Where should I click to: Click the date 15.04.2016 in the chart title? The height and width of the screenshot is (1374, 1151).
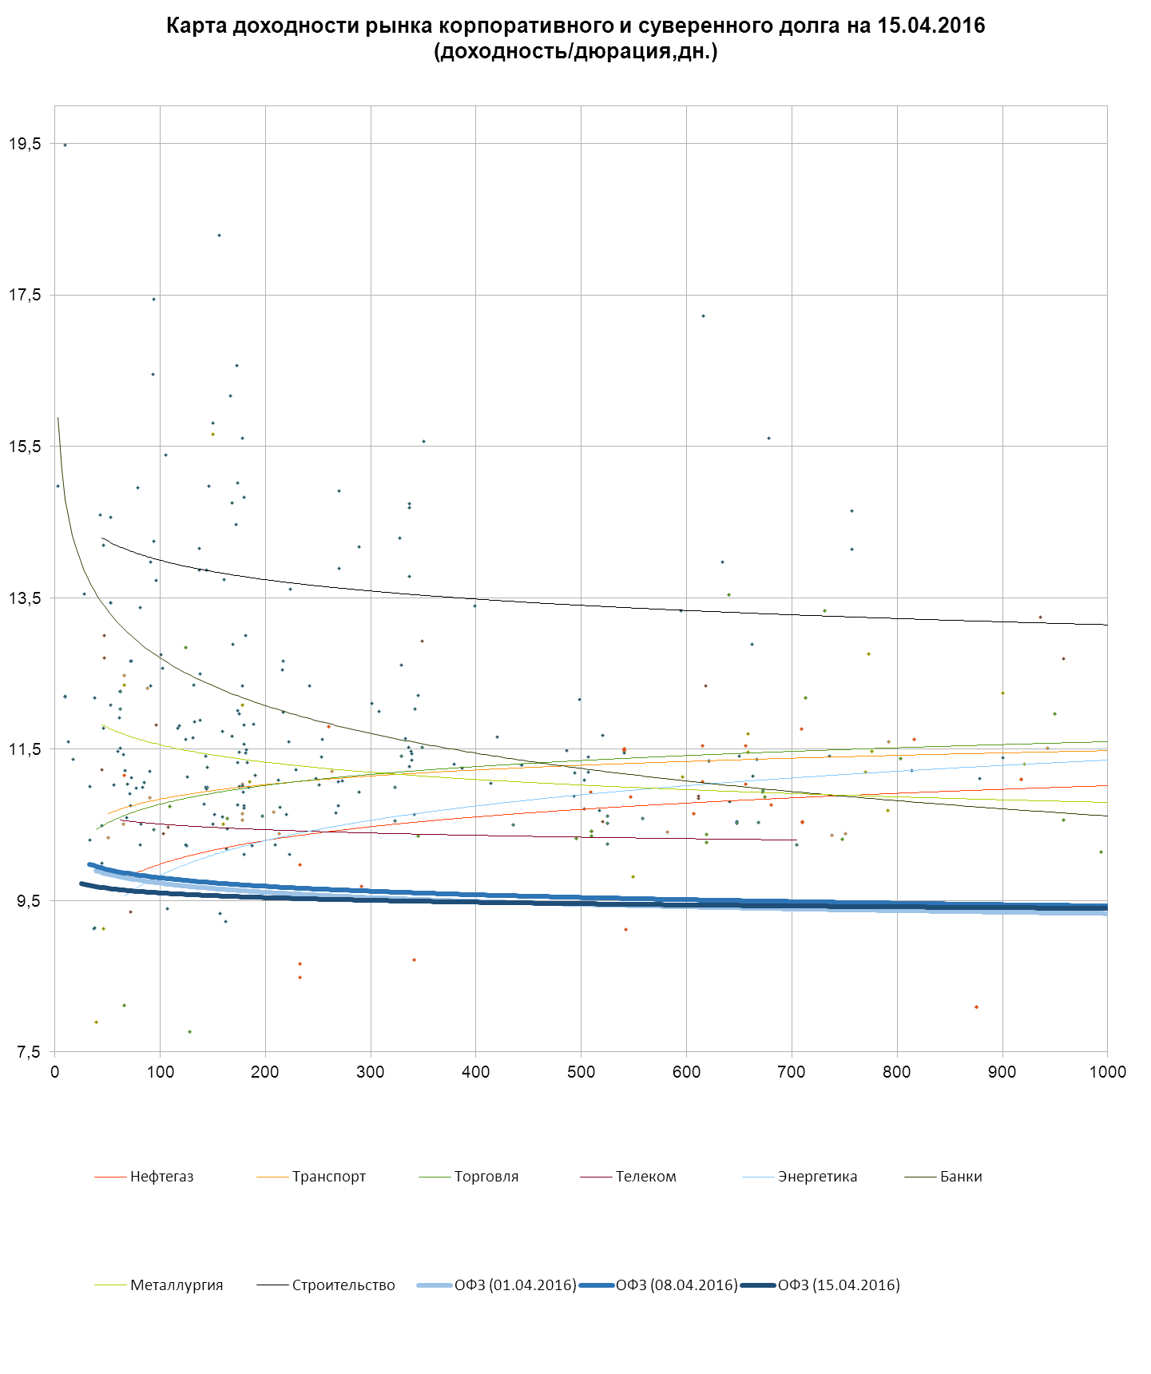pyautogui.click(x=931, y=26)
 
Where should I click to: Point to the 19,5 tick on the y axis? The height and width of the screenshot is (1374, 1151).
pyautogui.click(x=25, y=144)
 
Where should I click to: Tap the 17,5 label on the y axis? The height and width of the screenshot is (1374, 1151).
pyautogui.click(x=25, y=295)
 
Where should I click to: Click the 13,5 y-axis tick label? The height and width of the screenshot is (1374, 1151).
pyautogui.click(x=25, y=598)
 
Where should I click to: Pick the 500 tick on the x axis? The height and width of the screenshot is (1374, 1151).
pyautogui.click(x=581, y=1072)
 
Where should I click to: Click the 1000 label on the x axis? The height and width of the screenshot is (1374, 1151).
pyautogui.click(x=1107, y=1072)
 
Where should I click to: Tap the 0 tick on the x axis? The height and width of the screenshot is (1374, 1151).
pyautogui.click(x=54, y=1072)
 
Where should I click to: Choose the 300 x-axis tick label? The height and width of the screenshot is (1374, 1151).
pyautogui.click(x=371, y=1072)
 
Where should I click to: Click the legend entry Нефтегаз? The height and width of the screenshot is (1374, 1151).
pyautogui.click(x=161, y=1177)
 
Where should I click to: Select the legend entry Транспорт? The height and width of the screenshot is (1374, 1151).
pyautogui.click(x=328, y=1177)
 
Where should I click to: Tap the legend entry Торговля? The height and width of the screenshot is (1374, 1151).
pyautogui.click(x=486, y=1177)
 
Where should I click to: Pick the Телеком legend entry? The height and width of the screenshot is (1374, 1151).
pyautogui.click(x=645, y=1177)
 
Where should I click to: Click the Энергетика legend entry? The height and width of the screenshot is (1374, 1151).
pyautogui.click(x=817, y=1177)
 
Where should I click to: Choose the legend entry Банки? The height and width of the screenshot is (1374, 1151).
pyautogui.click(x=961, y=1177)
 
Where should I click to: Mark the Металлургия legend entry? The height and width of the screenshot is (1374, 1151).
pyautogui.click(x=177, y=1285)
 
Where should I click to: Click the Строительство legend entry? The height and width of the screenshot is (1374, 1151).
pyautogui.click(x=343, y=1285)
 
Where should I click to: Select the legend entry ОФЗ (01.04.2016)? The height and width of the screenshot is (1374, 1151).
pyautogui.click(x=515, y=1285)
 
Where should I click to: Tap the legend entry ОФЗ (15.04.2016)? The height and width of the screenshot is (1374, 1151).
pyautogui.click(x=839, y=1285)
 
